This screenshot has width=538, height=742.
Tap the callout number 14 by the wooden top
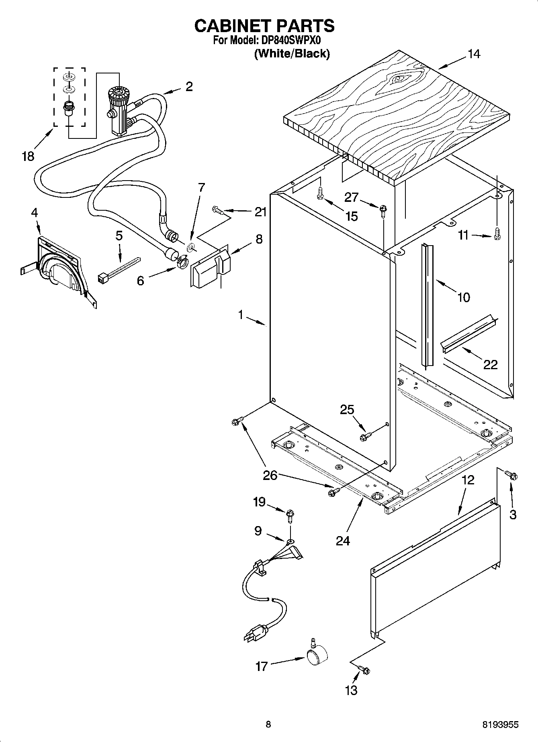click(474, 54)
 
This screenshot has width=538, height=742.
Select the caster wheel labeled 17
click(317, 657)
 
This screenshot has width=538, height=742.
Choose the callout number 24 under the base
click(343, 541)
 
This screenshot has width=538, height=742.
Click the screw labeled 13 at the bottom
click(365, 670)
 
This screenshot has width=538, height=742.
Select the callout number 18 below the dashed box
click(28, 156)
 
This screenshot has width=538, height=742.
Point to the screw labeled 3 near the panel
click(512, 476)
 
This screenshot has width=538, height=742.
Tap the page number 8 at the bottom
click(268, 724)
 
